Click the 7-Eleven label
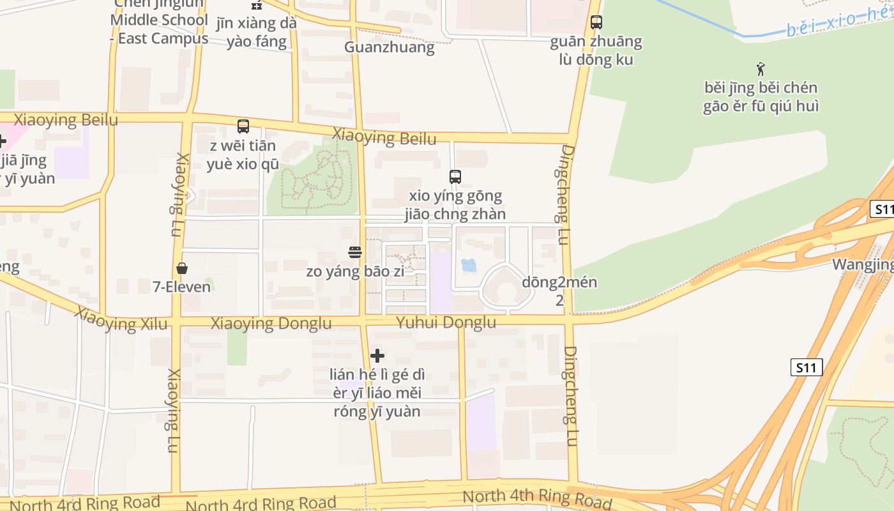pos(182,287)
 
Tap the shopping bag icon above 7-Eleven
pos(182,268)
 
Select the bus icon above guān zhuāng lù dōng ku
pos(596,22)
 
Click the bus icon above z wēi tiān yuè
pos(243,126)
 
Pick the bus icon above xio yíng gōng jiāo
pos(455,177)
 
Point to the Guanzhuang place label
pos(389,47)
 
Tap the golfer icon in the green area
pos(760,68)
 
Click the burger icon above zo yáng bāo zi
pos(355,252)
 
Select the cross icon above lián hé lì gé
pos(377,356)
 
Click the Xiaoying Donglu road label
pos(271,324)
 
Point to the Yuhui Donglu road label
pos(446,323)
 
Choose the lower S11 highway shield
pos(807,367)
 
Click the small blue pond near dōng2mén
pos(469,264)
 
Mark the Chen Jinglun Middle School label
pos(158,20)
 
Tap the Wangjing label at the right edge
pos(862,264)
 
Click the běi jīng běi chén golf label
pos(760,96)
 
